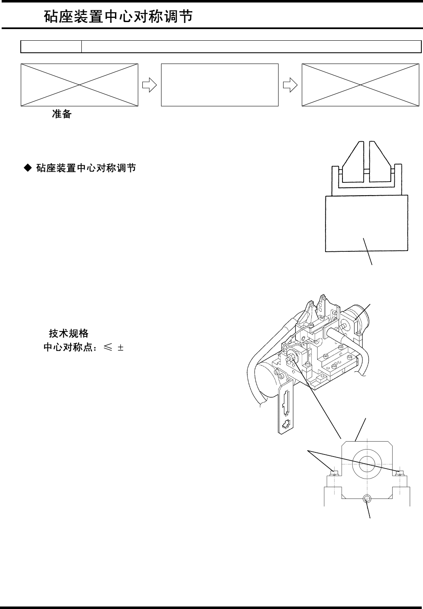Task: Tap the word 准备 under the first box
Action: coord(61,114)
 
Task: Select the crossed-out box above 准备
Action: coord(79,85)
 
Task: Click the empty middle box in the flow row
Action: coord(219,85)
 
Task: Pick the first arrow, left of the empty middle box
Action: coord(149,85)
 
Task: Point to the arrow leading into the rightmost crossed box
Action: coord(290,85)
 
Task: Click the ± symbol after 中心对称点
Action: coord(120,348)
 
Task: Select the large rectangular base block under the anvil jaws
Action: coord(366,223)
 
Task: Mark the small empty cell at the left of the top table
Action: coord(51,47)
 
